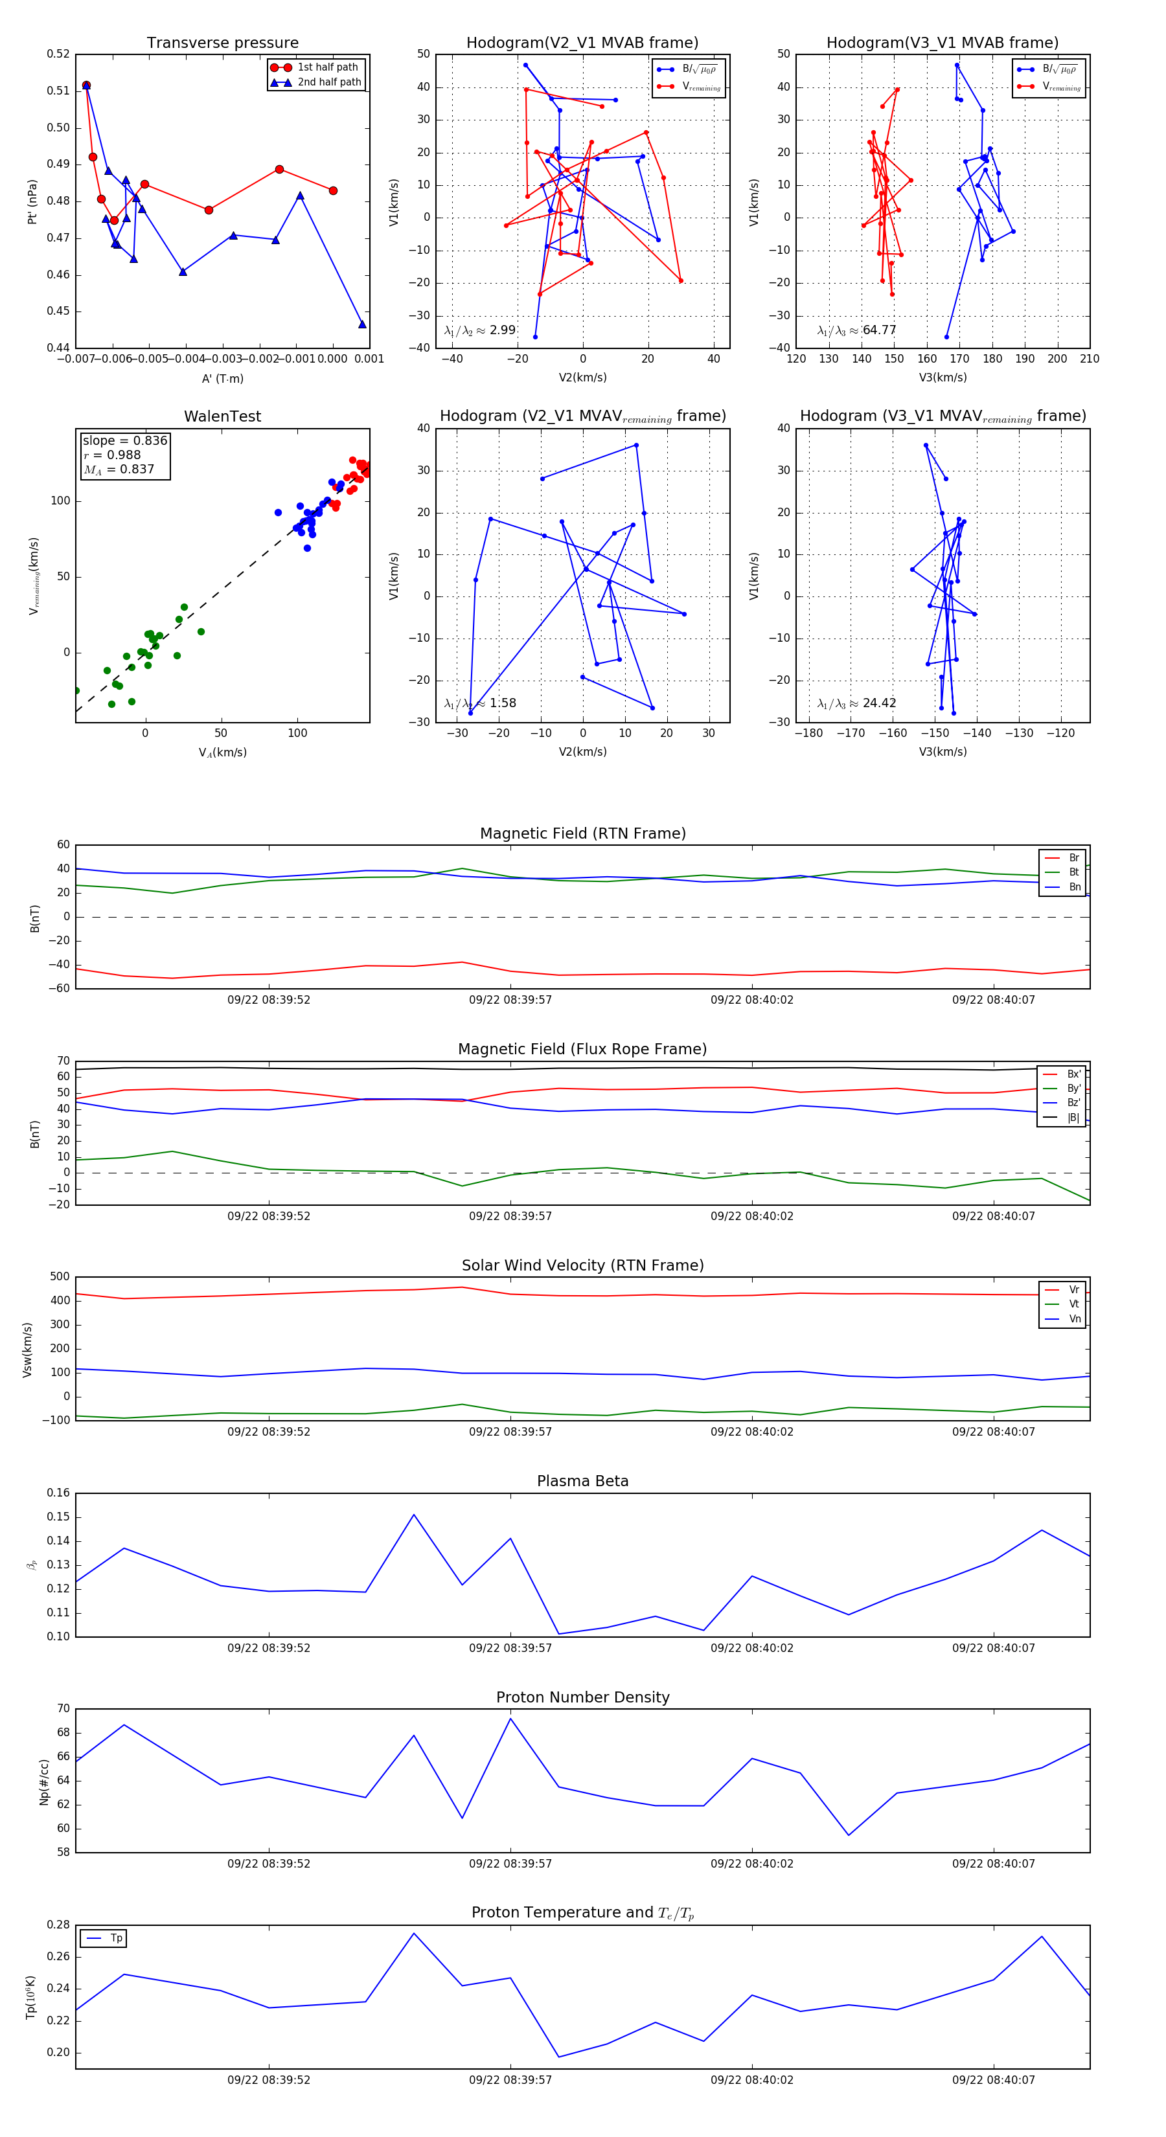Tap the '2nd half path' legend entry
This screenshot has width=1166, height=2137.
click(328, 82)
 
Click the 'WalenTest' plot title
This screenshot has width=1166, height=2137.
click(222, 416)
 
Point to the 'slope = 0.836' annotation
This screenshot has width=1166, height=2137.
click(124, 440)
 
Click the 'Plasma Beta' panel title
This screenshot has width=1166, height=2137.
click(582, 1481)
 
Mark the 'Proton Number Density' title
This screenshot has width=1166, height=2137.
click(582, 1697)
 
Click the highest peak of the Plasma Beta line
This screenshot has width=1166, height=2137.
click(414, 1515)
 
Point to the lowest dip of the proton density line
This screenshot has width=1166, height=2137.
click(848, 1835)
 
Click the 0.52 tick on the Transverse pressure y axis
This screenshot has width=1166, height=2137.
click(58, 54)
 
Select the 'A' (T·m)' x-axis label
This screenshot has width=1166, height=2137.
click(222, 378)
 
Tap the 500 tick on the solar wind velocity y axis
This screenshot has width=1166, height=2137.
click(60, 1277)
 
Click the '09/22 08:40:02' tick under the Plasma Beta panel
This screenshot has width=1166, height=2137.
click(752, 1647)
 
